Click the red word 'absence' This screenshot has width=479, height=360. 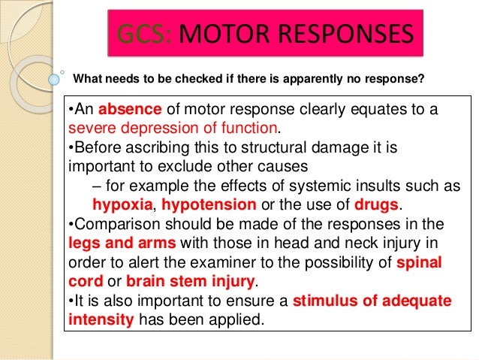[120, 110]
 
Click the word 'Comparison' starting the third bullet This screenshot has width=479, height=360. [114, 224]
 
